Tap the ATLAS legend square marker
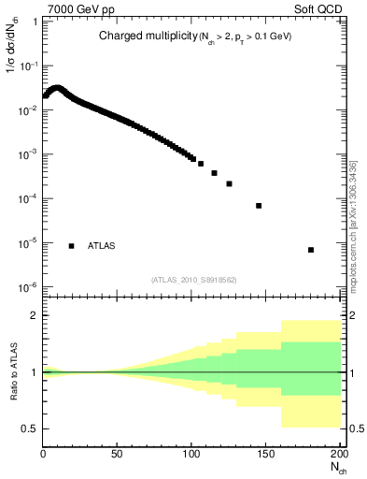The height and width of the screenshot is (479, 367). click(x=71, y=245)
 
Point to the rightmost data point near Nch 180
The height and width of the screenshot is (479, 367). click(x=310, y=250)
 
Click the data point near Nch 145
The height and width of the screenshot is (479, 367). click(x=259, y=206)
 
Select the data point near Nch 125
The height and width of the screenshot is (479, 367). click(x=229, y=183)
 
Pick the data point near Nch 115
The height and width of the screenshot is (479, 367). click(x=214, y=173)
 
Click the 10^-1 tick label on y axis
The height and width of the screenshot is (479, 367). click(x=26, y=66)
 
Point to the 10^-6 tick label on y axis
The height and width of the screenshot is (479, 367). click(x=26, y=287)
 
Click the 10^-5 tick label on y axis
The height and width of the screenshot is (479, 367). click(x=26, y=243)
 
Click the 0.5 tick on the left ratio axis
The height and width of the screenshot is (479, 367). click(x=30, y=428)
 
